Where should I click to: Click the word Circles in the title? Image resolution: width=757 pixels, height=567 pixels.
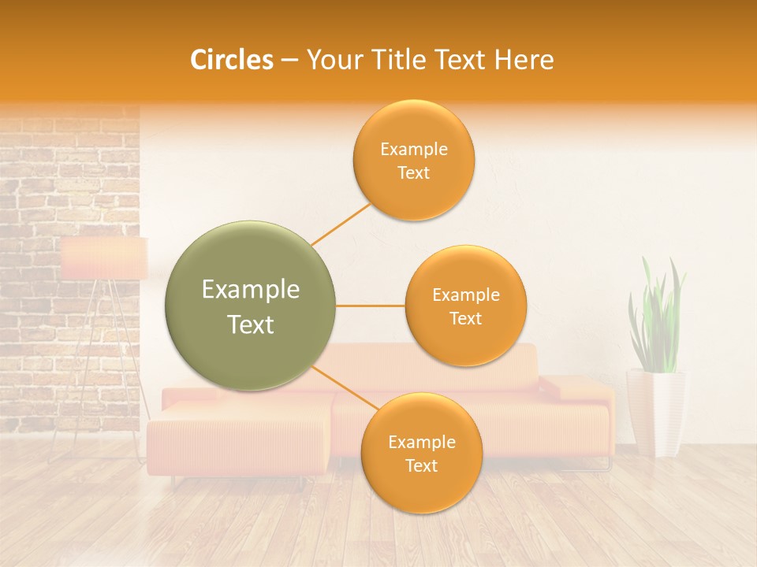pos(232,60)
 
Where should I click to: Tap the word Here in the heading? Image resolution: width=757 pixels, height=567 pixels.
pos(524,60)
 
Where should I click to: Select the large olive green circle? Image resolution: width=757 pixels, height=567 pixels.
pos(250,306)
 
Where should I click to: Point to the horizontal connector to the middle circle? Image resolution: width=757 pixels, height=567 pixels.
pos(370,306)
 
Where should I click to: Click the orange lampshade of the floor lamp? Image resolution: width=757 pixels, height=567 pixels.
pos(104,258)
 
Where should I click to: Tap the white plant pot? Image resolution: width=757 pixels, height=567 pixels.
pos(655,413)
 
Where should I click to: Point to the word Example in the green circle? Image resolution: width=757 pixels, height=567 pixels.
pos(250,290)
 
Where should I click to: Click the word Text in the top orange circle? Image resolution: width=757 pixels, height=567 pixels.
pos(413,173)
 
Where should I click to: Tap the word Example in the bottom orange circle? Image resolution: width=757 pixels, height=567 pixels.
pos(421,443)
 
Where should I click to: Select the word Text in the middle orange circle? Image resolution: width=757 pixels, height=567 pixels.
pos(465,319)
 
